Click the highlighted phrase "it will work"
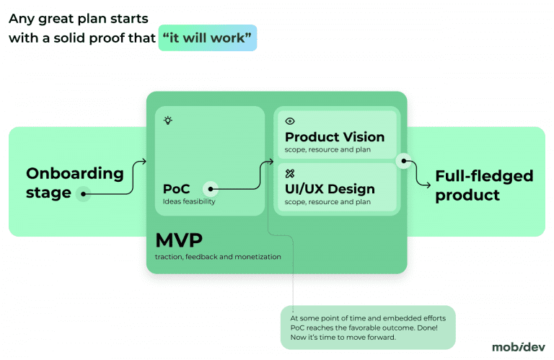click(x=208, y=38)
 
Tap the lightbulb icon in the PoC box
click(x=167, y=120)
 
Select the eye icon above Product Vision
click(x=290, y=122)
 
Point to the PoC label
click(x=176, y=189)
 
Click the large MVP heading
click(x=179, y=240)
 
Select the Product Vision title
click(x=335, y=137)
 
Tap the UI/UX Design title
click(x=330, y=189)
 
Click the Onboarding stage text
click(x=74, y=183)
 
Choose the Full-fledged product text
click(x=484, y=185)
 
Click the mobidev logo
click(x=518, y=347)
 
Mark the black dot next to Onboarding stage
click(x=84, y=193)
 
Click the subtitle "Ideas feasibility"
click(x=189, y=202)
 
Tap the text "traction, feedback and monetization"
click(x=218, y=257)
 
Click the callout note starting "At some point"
click(x=368, y=327)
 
